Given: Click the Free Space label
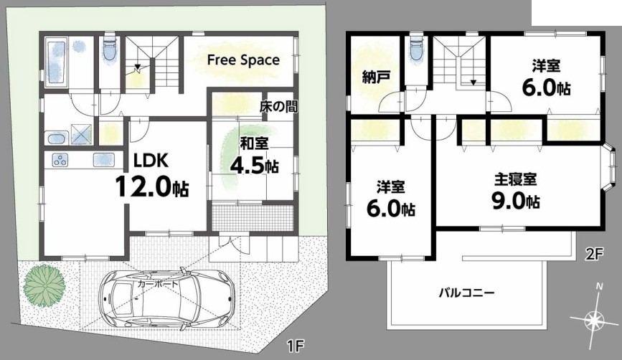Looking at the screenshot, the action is (x=244, y=60).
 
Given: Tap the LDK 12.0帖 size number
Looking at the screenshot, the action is (x=152, y=186).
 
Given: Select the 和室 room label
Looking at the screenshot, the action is (x=254, y=143).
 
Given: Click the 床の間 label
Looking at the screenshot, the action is (x=278, y=106).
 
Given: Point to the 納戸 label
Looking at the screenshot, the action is (x=376, y=77).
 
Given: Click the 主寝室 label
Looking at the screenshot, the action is (x=515, y=179).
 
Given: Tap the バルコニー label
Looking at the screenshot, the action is (x=466, y=293).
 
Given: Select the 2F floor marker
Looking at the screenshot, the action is (x=594, y=253).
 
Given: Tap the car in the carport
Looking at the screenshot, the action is (x=166, y=298).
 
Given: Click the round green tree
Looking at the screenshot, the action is (x=44, y=285).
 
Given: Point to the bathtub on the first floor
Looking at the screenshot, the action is (x=55, y=62).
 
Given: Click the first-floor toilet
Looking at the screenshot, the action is (x=110, y=49).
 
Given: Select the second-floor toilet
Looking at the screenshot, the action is (x=416, y=49).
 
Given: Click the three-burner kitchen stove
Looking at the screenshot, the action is (x=60, y=160).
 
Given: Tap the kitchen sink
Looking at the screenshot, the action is (x=104, y=160).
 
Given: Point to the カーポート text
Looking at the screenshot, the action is (x=159, y=284).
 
